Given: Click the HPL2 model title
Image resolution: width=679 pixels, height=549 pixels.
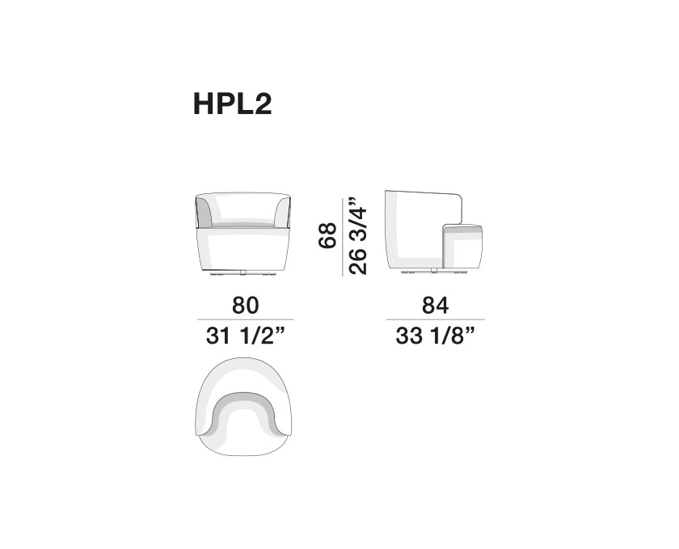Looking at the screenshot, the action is [233, 104].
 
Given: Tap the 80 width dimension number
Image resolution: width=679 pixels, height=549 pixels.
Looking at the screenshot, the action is [246, 305].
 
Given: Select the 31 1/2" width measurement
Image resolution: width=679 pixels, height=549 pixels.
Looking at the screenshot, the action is [246, 336].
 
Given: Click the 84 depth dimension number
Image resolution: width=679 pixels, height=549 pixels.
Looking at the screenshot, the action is [435, 305].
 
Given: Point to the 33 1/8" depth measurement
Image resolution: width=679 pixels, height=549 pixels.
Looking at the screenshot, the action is [435, 336].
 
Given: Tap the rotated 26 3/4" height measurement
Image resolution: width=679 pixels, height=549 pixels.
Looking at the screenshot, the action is [358, 236].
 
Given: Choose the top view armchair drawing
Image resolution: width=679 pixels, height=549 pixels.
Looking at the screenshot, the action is [243, 407].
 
